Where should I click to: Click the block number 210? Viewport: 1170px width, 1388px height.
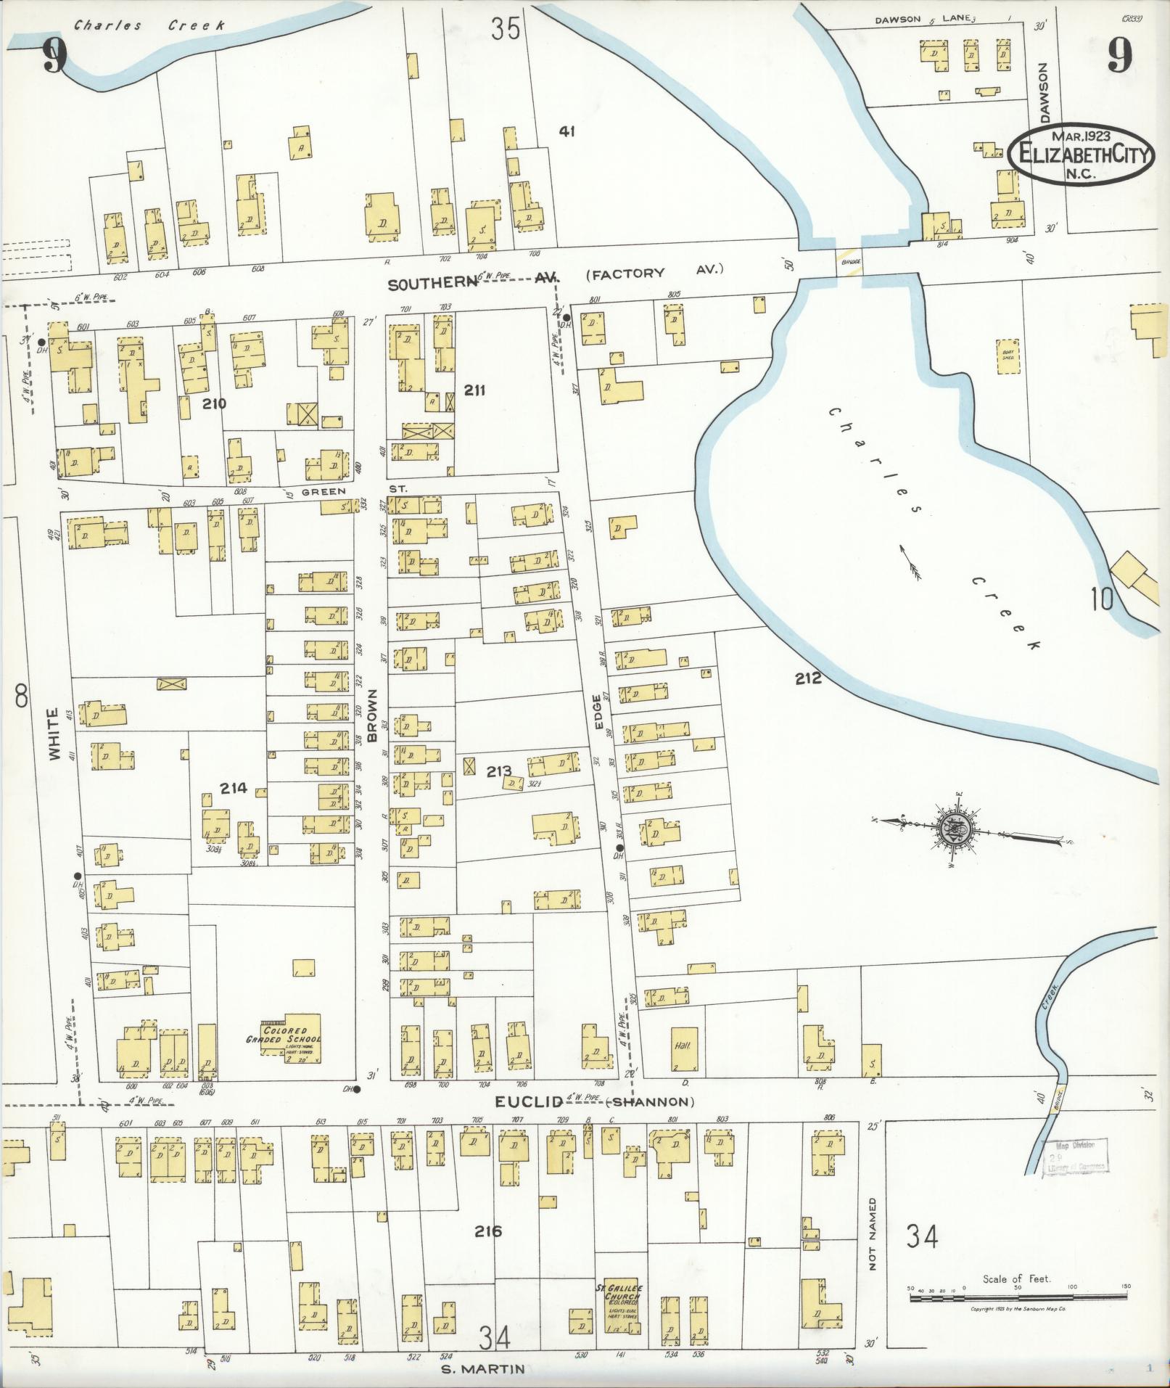pos(215,404)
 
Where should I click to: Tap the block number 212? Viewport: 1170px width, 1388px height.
pos(807,678)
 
